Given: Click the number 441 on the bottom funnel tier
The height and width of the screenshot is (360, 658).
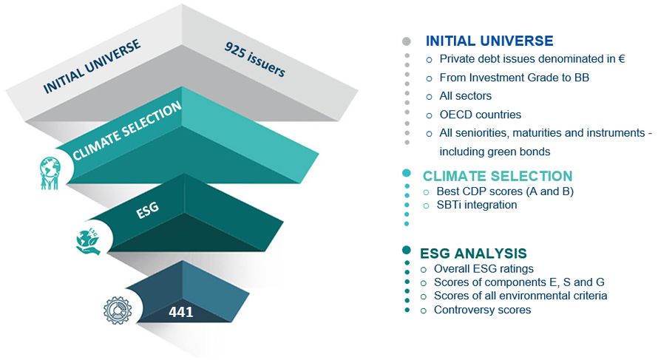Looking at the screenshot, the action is pyautogui.click(x=181, y=312).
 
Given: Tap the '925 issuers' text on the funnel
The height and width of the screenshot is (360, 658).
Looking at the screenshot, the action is pyautogui.click(x=255, y=58).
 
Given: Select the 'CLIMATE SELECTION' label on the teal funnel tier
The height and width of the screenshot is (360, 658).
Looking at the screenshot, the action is pyautogui.click(x=126, y=131).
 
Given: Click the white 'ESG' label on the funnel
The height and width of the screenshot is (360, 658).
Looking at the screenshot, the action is pyautogui.click(x=148, y=210).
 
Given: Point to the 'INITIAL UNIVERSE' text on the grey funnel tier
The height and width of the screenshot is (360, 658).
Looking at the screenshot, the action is pyautogui.click(x=92, y=67).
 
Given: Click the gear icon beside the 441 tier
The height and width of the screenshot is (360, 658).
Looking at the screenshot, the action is pyautogui.click(x=118, y=310).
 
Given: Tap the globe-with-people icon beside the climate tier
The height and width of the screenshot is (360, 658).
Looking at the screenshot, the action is pyautogui.click(x=50, y=173).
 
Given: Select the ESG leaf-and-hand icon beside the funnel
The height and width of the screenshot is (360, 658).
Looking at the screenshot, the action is pyautogui.click(x=89, y=241).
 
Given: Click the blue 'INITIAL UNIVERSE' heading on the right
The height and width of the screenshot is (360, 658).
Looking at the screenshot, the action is pyautogui.click(x=489, y=41).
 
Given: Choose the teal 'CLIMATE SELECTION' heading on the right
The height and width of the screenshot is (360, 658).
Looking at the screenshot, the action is pyautogui.click(x=498, y=176).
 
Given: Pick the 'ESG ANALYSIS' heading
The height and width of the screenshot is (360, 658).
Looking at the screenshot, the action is pyautogui.click(x=473, y=254).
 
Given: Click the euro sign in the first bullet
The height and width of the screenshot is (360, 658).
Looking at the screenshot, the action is pyautogui.click(x=622, y=59).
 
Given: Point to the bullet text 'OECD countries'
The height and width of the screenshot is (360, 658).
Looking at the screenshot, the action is pyautogui.click(x=480, y=115).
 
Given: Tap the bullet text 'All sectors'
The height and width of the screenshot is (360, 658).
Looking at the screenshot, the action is pyautogui.click(x=465, y=96).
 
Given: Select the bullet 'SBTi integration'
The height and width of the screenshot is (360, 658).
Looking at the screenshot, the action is pyautogui.click(x=477, y=205).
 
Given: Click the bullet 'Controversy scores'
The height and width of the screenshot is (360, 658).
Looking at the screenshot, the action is pyautogui.click(x=482, y=310).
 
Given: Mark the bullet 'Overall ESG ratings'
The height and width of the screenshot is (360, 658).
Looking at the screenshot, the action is pyautogui.click(x=484, y=269).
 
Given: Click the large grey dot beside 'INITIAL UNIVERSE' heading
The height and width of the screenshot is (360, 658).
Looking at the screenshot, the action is pyautogui.click(x=406, y=41).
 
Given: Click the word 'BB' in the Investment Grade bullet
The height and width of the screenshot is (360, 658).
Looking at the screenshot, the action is pyautogui.click(x=582, y=78).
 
